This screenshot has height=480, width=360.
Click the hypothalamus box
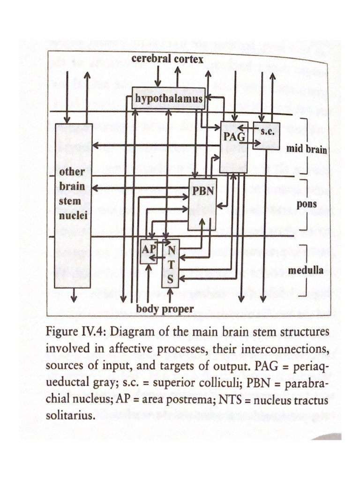click(168, 98)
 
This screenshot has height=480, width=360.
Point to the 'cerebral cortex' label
click(167, 59)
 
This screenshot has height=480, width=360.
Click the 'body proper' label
click(165, 309)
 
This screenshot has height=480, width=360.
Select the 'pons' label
click(307, 204)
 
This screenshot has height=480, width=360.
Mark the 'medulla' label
click(305, 270)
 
